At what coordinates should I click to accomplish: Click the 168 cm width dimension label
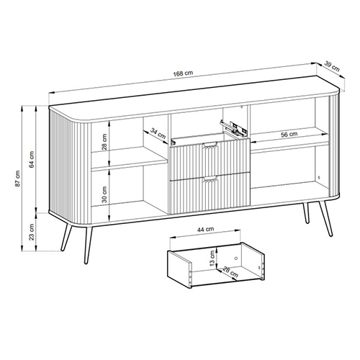point(183,73)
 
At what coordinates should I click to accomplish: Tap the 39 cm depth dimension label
point(332,66)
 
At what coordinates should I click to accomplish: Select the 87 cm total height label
point(17,179)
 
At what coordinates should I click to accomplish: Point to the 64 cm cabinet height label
point(32,159)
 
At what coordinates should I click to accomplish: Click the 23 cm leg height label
point(32,232)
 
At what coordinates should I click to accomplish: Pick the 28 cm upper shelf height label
point(104,142)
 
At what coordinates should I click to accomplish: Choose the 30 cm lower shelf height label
point(104,194)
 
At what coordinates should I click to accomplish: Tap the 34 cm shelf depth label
point(158,133)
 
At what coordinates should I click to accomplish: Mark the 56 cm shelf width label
point(289,135)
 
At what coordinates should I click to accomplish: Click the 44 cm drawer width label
point(205,230)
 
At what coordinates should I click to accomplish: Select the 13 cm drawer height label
point(212,258)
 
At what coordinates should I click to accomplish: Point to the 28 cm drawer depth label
point(230,272)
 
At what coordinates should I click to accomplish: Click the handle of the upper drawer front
point(210,145)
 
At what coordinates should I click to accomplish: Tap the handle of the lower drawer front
point(210,179)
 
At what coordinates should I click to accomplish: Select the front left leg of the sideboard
point(89,245)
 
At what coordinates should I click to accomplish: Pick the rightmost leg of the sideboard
point(326,219)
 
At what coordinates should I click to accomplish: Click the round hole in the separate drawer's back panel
point(235,258)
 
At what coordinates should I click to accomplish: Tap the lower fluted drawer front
point(210,193)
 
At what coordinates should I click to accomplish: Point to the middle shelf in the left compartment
point(129,160)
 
